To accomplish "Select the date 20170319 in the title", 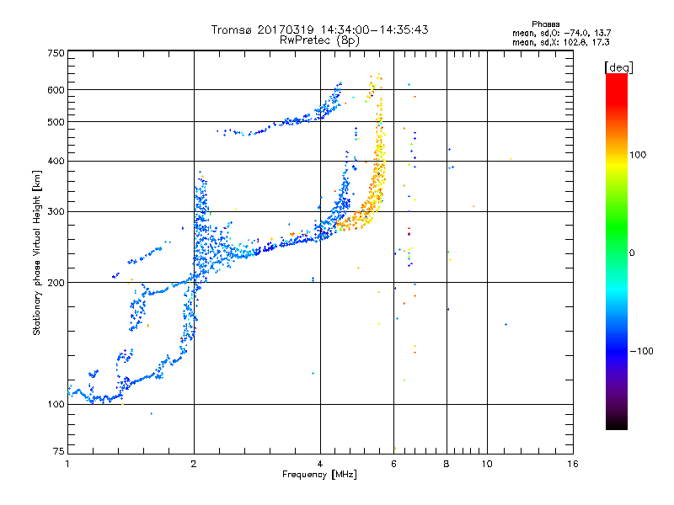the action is pos(286,29).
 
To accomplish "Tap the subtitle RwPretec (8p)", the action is pos(319,40).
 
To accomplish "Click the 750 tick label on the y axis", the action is pos(56,53).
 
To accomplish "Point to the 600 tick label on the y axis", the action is pos(56,90).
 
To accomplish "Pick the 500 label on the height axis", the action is pos(56,122).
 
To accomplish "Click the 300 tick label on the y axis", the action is pos(56,211).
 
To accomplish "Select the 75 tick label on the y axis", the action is pos(59,451).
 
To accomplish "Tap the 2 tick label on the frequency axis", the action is pos(194,464).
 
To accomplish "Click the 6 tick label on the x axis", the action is pos(393,464).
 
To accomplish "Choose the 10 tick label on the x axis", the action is pos(487,464).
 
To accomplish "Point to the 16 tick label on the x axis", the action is pos(573,464).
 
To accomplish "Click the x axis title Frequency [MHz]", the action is pos(319,475).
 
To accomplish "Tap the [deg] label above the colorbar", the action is pos(618,68).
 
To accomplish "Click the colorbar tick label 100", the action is pos(638,155).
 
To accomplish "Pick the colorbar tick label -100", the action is pos(641,351).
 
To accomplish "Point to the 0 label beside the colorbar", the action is pos(632,253).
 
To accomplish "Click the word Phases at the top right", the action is pos(545,24).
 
